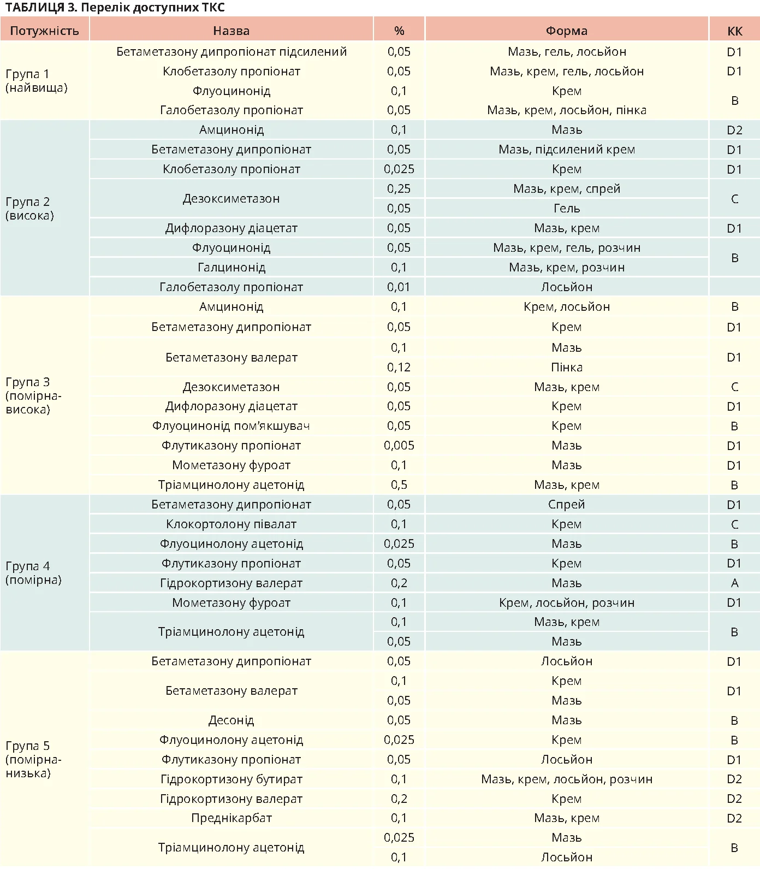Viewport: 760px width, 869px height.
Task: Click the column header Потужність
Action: (x=44, y=31)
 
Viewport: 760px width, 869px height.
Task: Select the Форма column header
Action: (x=566, y=31)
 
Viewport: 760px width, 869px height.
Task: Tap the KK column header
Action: (x=734, y=31)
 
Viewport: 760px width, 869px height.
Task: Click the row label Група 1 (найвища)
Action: (x=36, y=81)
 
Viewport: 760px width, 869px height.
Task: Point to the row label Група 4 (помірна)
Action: (x=34, y=573)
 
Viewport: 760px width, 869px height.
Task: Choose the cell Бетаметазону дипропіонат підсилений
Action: (x=231, y=52)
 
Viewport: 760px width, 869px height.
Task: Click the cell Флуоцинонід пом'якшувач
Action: (x=231, y=426)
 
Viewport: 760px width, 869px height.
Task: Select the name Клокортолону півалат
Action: (x=231, y=524)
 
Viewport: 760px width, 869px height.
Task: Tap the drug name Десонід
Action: (x=231, y=720)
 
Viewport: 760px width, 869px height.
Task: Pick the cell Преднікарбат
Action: (x=231, y=818)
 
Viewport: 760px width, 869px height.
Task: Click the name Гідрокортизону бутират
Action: (x=231, y=779)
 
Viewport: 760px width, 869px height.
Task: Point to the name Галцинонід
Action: (x=231, y=268)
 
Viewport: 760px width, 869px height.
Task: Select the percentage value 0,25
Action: (x=399, y=189)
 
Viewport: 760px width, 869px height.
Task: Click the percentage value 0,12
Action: (x=399, y=368)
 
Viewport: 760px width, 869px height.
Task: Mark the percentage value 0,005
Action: (x=399, y=446)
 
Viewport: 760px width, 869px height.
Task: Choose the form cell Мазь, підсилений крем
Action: (x=566, y=150)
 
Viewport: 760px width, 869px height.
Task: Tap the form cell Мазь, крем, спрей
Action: (x=566, y=189)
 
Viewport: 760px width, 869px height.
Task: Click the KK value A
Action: (x=734, y=583)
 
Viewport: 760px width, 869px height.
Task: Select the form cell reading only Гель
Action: (x=566, y=209)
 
